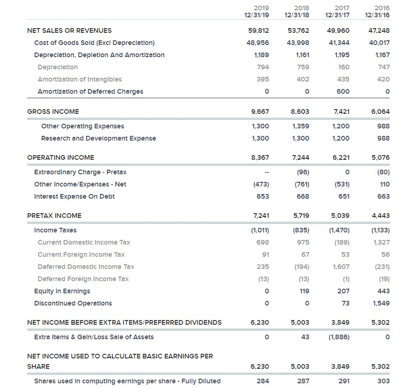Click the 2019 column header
click(x=261, y=7)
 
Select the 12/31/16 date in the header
click(x=378, y=15)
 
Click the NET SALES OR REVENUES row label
click(x=69, y=30)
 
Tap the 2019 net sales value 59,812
click(x=259, y=30)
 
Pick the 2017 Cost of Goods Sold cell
click(x=340, y=43)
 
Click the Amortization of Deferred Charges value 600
click(x=343, y=91)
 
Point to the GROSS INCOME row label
click(x=53, y=112)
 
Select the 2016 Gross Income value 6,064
click(x=380, y=112)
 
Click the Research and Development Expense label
click(x=98, y=138)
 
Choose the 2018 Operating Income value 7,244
click(x=300, y=157)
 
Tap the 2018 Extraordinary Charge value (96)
click(x=303, y=172)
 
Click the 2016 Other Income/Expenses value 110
click(x=384, y=184)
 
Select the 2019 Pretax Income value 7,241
click(x=261, y=216)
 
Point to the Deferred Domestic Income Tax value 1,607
click(x=341, y=267)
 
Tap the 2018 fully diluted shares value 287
click(x=303, y=381)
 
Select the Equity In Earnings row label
click(x=62, y=291)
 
